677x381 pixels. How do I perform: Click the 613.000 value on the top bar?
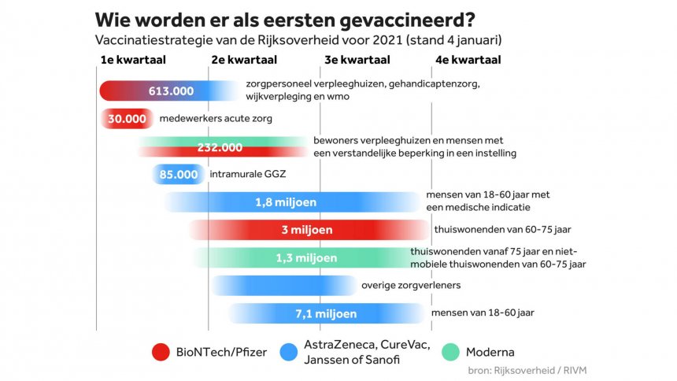point(171,91)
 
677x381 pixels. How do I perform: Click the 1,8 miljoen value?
point(286,202)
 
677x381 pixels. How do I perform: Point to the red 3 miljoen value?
point(307,230)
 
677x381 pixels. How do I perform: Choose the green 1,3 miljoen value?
point(306,258)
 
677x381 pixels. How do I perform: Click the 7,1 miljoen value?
point(326,313)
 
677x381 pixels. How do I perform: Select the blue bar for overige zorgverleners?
point(283,285)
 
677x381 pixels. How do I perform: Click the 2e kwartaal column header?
point(244,60)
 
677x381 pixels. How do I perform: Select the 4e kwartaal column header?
point(468,60)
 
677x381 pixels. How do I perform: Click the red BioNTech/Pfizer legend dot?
point(163,353)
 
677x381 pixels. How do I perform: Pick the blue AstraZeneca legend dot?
point(288,353)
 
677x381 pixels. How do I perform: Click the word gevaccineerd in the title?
point(401,20)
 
